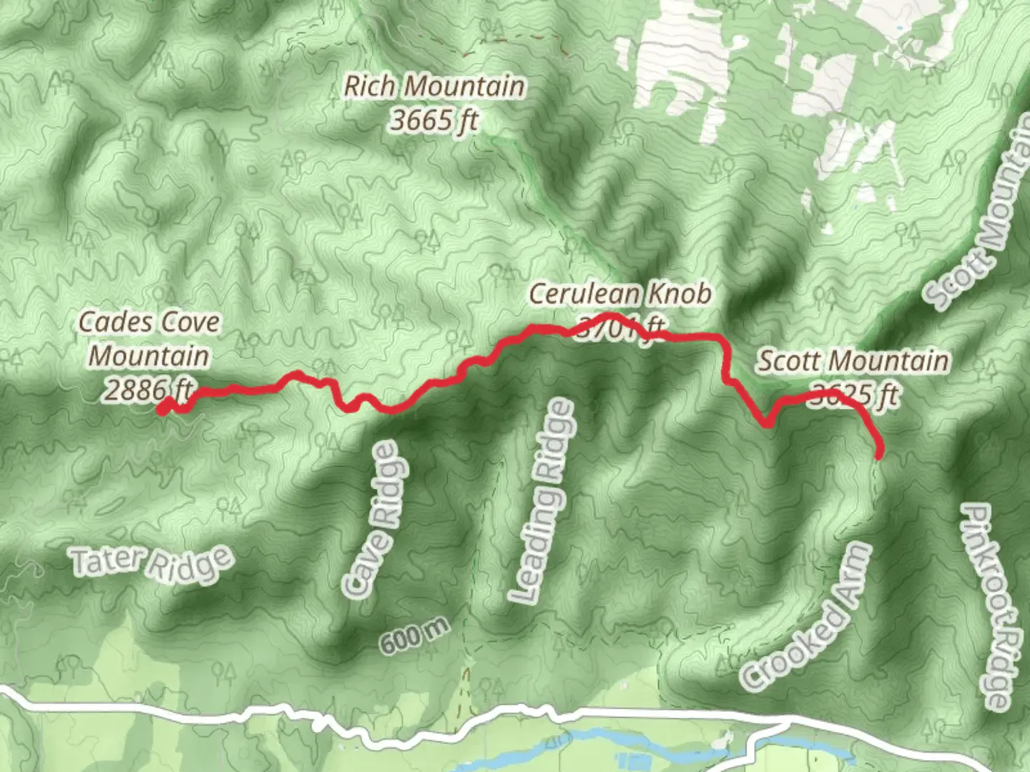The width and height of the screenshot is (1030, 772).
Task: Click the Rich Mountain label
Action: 434,86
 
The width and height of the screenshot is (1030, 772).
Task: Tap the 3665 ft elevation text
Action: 434,120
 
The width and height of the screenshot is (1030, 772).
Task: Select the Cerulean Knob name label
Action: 620,294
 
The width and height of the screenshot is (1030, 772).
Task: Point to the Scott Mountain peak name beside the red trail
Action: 853,361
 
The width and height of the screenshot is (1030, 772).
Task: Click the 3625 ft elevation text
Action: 853,395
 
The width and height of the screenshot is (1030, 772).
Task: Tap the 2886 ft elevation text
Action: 149,390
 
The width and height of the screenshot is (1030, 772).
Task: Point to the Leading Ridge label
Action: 541,500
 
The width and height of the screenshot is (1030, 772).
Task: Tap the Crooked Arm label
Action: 807,616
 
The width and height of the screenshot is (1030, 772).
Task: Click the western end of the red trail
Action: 164,409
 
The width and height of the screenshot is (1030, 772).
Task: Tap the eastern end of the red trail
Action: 880,452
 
